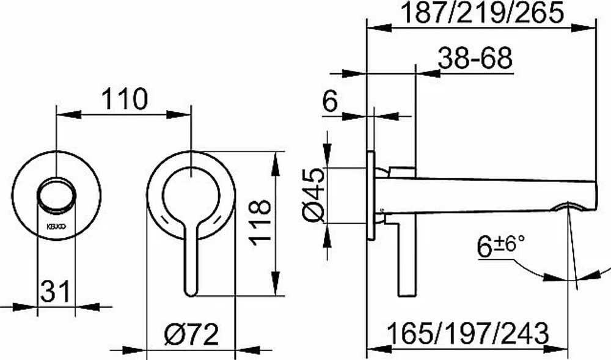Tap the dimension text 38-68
tap(475, 59)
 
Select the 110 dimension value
tap(125, 99)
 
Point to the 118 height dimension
tap(260, 222)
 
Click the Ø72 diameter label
tap(192, 334)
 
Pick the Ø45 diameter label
tap(313, 195)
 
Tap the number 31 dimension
tap(56, 291)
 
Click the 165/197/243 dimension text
tap(468, 334)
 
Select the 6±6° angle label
tap(500, 247)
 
